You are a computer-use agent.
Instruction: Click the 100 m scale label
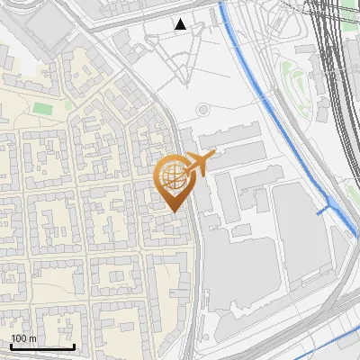(x=23, y=338)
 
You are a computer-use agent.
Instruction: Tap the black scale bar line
(x=42, y=346)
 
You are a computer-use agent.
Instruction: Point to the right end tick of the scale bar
(x=74, y=345)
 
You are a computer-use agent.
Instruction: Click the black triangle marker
(x=181, y=24)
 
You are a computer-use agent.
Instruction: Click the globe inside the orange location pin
(x=174, y=174)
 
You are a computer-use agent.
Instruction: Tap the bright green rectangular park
(x=43, y=108)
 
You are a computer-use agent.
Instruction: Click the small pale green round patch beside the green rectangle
(x=68, y=104)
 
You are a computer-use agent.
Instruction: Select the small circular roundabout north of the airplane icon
(x=202, y=110)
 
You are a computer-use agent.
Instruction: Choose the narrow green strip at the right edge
(x=354, y=189)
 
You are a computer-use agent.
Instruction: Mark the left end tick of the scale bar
(x=11, y=345)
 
